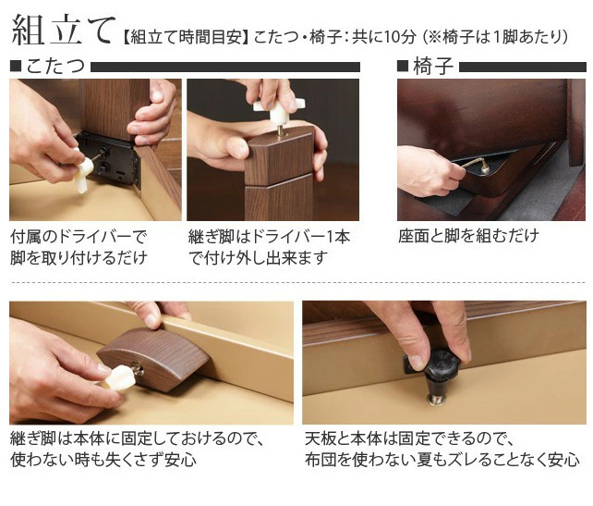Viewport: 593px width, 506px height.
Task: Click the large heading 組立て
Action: click(x=63, y=30)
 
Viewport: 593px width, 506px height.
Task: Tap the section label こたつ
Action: click(x=55, y=67)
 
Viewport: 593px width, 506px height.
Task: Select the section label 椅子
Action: click(x=433, y=67)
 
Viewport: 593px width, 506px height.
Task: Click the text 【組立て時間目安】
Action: click(x=186, y=38)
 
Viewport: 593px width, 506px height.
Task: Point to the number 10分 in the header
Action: click(x=400, y=38)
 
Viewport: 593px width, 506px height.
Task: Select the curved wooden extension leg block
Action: click(x=153, y=359)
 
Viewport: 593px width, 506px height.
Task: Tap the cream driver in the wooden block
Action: click(x=119, y=376)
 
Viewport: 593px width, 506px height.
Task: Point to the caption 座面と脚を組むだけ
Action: click(x=468, y=236)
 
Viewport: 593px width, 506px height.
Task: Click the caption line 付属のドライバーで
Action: click(x=79, y=238)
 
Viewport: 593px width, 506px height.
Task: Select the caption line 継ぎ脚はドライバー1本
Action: click(x=270, y=238)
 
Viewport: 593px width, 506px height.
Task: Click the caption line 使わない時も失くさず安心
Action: click(x=103, y=460)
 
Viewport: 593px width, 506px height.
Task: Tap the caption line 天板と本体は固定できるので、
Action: click(x=409, y=438)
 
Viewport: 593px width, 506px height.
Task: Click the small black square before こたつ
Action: click(x=16, y=67)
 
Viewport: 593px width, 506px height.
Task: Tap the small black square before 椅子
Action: click(x=403, y=67)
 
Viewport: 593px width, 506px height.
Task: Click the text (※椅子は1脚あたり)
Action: click(x=495, y=38)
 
